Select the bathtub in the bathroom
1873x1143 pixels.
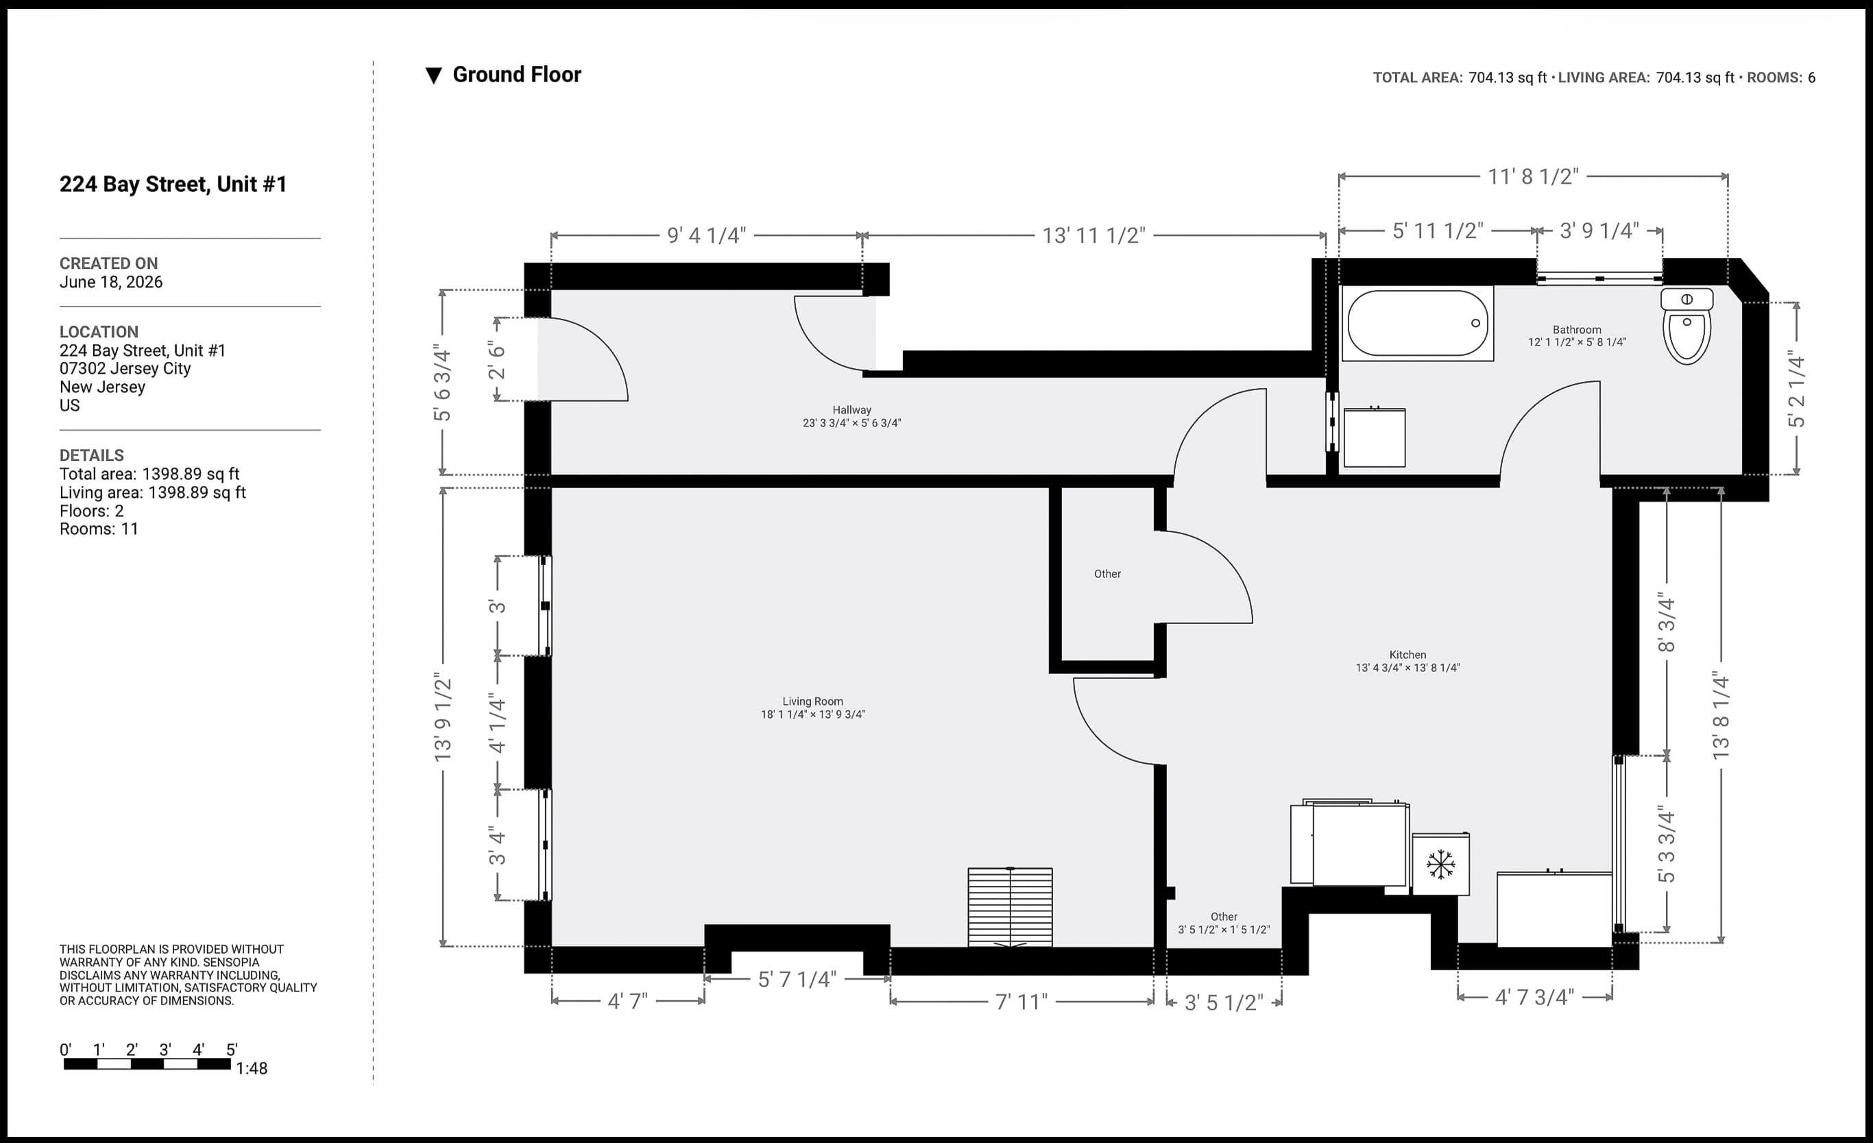(1418, 323)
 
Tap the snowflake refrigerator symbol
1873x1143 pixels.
(1440, 865)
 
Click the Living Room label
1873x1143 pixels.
(812, 701)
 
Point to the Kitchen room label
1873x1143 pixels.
(1407, 655)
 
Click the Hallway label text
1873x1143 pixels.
(851, 410)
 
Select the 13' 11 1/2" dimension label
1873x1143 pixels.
(1093, 236)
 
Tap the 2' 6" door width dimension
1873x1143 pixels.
(496, 360)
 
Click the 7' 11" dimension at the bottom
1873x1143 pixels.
(1021, 1002)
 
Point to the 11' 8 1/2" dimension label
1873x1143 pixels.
(1532, 176)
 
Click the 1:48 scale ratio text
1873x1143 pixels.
(252, 1068)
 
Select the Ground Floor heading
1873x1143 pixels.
(517, 75)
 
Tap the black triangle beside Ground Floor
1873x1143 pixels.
(433, 75)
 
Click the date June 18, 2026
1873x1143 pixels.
(111, 282)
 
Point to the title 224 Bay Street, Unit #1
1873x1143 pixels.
(173, 184)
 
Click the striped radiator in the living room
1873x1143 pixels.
(1011, 907)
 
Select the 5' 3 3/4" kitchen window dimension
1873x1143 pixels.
(1666, 844)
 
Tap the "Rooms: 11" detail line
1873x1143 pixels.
(99, 529)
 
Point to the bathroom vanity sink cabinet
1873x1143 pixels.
(1375, 437)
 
